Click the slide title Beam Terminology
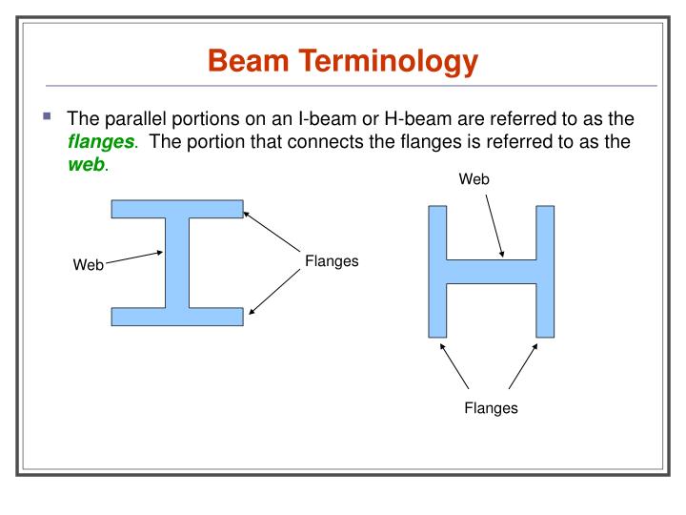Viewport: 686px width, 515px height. (342, 62)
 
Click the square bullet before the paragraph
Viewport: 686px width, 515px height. (47, 117)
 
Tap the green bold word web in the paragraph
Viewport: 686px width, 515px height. (86, 164)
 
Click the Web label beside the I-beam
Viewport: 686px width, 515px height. (89, 265)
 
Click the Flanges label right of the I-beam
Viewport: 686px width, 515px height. (332, 260)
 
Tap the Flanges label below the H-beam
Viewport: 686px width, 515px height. (491, 408)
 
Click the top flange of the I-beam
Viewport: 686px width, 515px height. (177, 209)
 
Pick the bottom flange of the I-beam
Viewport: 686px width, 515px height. (177, 317)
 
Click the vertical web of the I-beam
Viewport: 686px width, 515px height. (177, 262)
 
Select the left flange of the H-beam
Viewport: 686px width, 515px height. (437, 271)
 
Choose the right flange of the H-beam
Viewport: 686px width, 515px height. (545, 271)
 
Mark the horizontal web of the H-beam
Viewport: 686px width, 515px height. (491, 271)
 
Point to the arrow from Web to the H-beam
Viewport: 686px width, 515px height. (495, 226)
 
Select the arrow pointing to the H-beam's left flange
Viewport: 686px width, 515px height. (454, 366)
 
